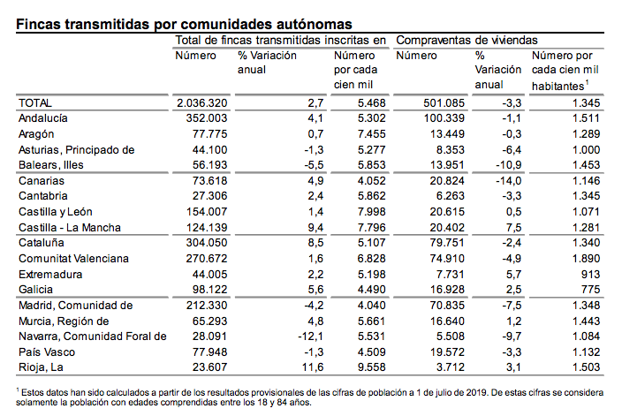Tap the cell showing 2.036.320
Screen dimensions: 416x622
pos(203,104)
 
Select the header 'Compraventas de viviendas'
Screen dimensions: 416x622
pos(466,41)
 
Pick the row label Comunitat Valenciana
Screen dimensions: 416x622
pos(74,259)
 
